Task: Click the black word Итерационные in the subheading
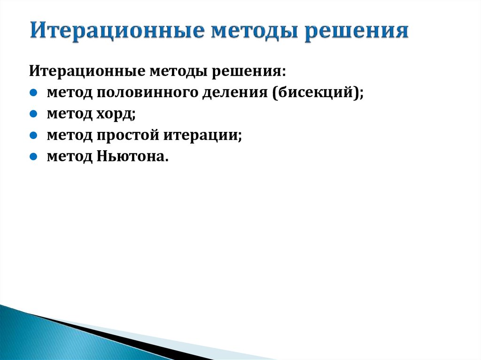click(x=87, y=71)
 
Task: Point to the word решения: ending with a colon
click(x=249, y=71)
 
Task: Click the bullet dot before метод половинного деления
click(x=33, y=92)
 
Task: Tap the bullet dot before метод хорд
click(x=33, y=114)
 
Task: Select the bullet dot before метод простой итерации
click(x=33, y=135)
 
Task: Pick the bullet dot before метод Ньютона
click(x=33, y=157)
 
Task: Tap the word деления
click(x=235, y=92)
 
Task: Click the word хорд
click(x=116, y=114)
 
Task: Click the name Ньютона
click(x=133, y=157)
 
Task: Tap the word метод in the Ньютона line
click(x=70, y=157)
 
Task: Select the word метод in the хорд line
click(x=70, y=114)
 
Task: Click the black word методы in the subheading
click(x=178, y=71)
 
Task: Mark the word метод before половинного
click(x=70, y=92)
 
